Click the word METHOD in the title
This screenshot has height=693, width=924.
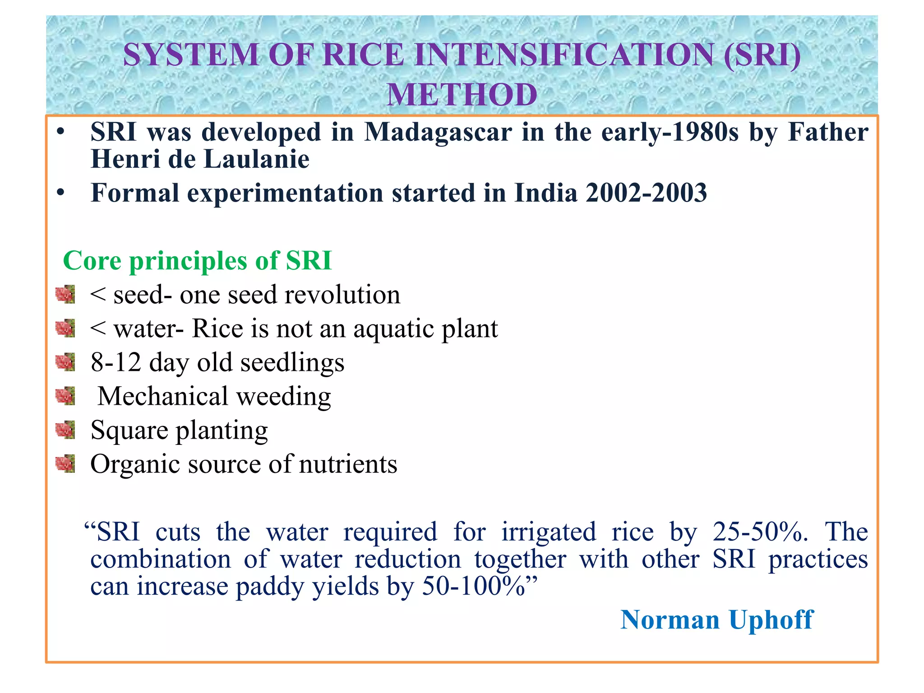coord(462,95)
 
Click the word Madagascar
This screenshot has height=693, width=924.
coord(438,132)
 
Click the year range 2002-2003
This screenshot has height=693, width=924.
coord(646,193)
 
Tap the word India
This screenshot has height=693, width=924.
coord(546,193)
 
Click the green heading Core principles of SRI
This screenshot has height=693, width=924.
coord(197,261)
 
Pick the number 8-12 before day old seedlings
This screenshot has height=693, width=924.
coord(116,362)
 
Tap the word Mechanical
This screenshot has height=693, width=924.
coord(162,396)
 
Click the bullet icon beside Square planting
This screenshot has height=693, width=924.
coord(65,430)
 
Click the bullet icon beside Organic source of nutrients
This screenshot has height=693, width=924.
coord(65,463)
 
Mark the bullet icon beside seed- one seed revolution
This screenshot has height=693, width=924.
coord(65,294)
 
